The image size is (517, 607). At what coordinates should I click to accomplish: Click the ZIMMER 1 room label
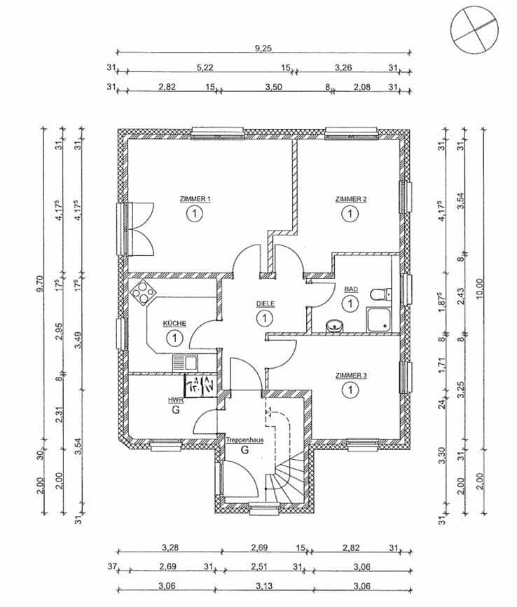[194, 199]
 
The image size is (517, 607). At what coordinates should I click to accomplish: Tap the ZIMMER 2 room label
[350, 199]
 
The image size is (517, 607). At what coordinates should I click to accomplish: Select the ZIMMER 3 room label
[350, 376]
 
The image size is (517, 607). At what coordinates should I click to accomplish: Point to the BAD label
[350, 289]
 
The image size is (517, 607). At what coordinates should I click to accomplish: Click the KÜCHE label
[174, 323]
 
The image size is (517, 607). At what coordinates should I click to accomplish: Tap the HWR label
[174, 400]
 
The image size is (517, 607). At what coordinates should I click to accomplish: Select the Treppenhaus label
[244, 439]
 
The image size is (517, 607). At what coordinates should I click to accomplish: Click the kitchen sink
[188, 363]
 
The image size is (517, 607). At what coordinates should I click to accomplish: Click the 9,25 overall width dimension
[264, 48]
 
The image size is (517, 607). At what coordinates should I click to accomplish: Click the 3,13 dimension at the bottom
[264, 585]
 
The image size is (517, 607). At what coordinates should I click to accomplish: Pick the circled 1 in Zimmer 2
[348, 214]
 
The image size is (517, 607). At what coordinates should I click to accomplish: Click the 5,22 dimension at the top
[205, 67]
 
